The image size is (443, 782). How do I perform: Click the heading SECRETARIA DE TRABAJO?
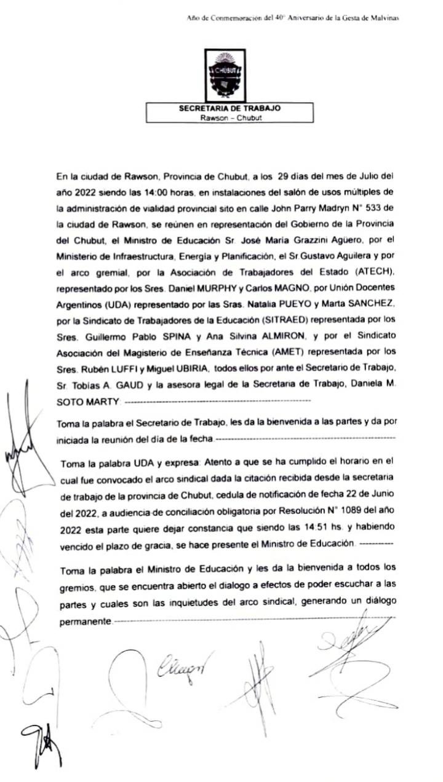[x=229, y=108]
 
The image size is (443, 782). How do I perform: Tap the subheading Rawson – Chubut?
[x=229, y=117]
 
